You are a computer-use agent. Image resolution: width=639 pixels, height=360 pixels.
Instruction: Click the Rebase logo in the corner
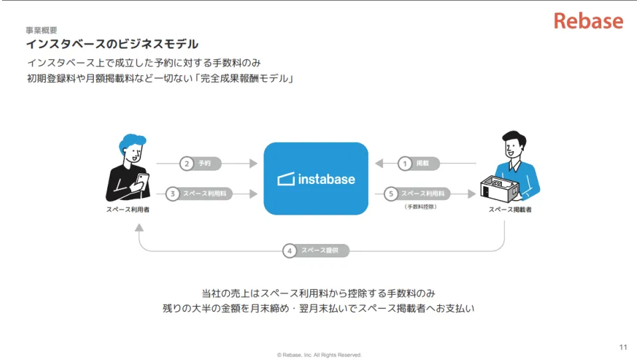point(588,21)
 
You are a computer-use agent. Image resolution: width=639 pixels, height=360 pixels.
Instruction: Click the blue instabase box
point(316,179)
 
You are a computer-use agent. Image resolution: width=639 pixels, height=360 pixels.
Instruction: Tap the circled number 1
point(405,163)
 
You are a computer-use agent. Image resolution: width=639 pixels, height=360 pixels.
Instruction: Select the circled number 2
point(188,163)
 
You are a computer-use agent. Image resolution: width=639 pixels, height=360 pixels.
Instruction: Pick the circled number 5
point(391,194)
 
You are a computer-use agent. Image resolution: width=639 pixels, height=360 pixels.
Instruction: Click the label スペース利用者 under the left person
point(128,210)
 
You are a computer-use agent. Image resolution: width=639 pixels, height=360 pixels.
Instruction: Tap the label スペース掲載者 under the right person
point(510,210)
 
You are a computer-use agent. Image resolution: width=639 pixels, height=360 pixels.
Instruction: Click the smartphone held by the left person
point(141,180)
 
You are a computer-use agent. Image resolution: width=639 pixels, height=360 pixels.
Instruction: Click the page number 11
point(623,347)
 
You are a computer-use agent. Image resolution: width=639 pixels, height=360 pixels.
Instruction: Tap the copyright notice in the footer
point(319,355)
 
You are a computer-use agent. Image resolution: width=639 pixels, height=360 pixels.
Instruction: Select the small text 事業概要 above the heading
point(41,30)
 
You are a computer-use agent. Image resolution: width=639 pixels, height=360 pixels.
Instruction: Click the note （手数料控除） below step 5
point(421,207)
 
